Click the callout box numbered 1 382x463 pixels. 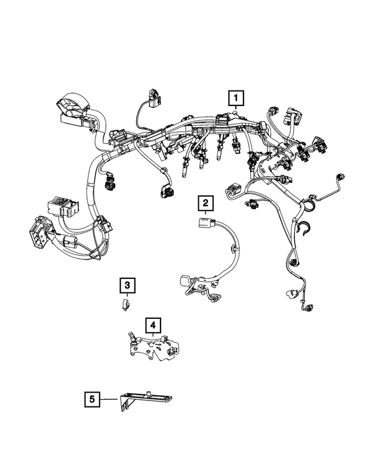(237, 98)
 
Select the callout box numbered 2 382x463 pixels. (205, 204)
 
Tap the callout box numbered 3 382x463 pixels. (127, 286)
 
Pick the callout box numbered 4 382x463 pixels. (153, 325)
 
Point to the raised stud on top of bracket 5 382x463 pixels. (147, 391)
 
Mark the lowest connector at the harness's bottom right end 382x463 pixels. (308, 307)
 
